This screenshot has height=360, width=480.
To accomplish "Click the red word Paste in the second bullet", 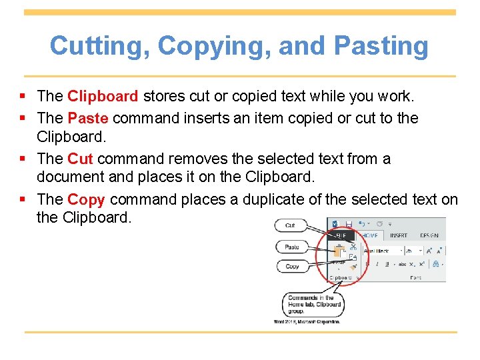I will coord(88,119).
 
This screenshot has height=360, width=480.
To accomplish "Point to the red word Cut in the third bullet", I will coord(81,159).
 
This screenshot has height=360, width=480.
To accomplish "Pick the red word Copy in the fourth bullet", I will coord(86,199).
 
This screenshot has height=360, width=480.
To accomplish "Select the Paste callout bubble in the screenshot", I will coord(292,247).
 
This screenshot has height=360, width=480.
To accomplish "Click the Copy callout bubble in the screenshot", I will coord(292,266).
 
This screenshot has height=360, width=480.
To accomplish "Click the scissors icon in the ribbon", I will coord(353,246).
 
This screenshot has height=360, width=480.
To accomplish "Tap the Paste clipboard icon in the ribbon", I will coord(339,251).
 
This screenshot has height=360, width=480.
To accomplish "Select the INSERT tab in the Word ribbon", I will coord(398,235).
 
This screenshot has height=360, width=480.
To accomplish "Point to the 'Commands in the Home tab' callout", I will coord(314,305).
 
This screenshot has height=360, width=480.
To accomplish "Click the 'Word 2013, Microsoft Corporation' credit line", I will coord(307,321).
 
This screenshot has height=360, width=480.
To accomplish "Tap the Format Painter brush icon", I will coord(353,266).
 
